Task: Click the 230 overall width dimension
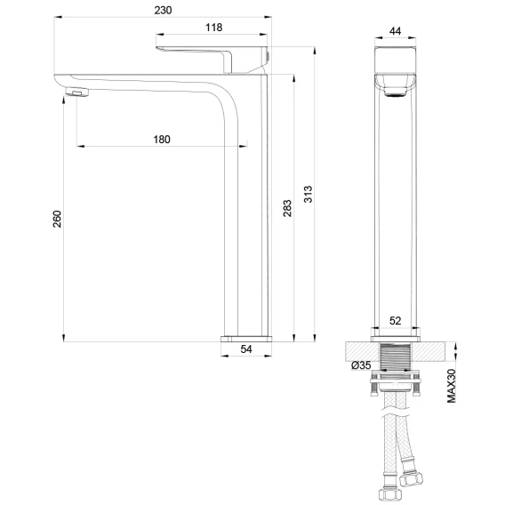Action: point(163,11)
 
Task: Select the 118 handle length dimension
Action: point(214,28)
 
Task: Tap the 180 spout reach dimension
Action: point(162,140)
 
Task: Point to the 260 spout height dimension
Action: point(57,219)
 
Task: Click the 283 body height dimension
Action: point(287,208)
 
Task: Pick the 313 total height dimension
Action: point(309,194)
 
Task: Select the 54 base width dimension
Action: point(246,349)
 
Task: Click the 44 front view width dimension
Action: point(395,31)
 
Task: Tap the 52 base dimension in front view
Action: point(396,321)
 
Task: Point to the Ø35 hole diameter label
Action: point(361,365)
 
